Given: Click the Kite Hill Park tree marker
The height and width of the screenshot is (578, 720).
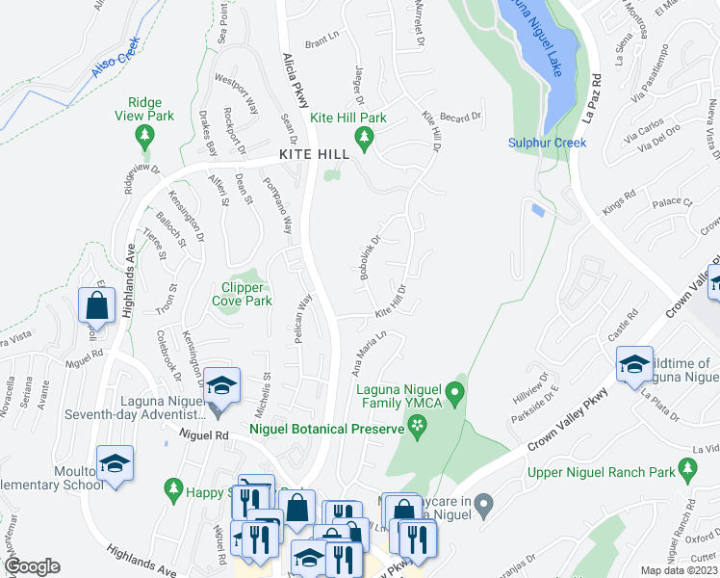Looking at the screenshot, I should click(x=364, y=140).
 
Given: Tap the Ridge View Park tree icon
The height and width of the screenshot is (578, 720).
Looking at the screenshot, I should click(x=145, y=135).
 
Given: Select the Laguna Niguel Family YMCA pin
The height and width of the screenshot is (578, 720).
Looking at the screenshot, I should click(x=458, y=393).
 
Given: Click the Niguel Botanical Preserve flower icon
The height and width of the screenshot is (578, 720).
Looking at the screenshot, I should click(x=418, y=424).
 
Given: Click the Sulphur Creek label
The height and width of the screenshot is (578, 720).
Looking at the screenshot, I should click(x=548, y=144).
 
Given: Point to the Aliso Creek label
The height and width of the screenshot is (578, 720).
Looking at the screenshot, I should click(x=116, y=58).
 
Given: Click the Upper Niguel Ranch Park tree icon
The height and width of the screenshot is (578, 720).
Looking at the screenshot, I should click(x=687, y=471).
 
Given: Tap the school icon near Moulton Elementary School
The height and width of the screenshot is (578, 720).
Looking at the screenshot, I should click(x=115, y=464).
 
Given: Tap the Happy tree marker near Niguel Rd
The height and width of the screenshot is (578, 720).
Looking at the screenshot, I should click(x=172, y=490).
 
